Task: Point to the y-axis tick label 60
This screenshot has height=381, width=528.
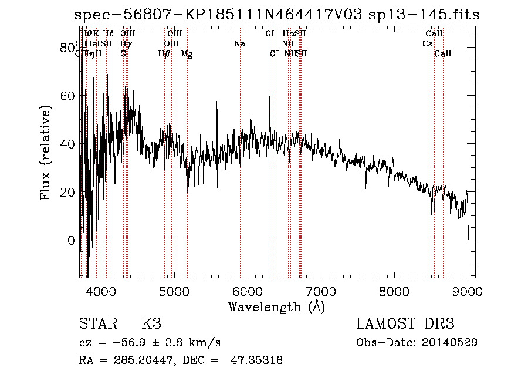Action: pyautogui.click(x=69, y=96)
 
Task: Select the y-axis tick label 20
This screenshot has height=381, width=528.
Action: pyautogui.click(x=69, y=192)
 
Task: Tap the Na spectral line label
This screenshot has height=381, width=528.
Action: pyautogui.click(x=239, y=44)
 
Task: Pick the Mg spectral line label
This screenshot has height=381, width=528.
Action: pyautogui.click(x=187, y=54)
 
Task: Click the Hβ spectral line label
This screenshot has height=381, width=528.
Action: pyautogui.click(x=164, y=54)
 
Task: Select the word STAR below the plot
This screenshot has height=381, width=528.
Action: pyautogui.click(x=96, y=324)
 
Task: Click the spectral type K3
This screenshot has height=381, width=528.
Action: pyautogui.click(x=151, y=324)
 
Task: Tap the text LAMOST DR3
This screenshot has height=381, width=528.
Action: pyautogui.click(x=405, y=324)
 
